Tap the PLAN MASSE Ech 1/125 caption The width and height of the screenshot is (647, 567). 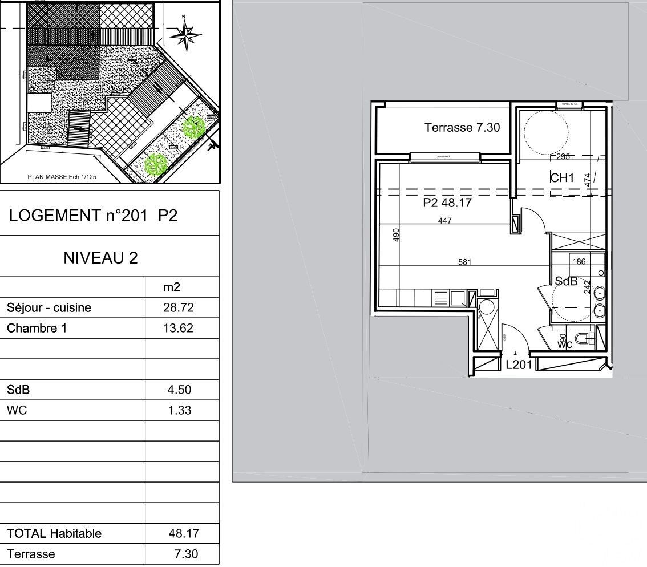click(62, 177)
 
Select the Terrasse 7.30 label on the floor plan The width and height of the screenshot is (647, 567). click(462, 128)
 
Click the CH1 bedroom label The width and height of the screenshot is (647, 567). click(562, 179)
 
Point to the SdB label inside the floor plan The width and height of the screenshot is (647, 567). click(566, 281)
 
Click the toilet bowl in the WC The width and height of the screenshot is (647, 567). click(581, 339)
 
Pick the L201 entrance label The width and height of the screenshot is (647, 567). click(519, 365)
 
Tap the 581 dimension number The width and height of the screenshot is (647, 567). click(465, 262)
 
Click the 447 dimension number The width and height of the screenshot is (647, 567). click(445, 221)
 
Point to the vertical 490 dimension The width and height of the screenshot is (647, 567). click(397, 234)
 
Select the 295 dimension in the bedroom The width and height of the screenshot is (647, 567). click(563, 157)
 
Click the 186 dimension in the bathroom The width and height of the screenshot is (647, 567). click(579, 262)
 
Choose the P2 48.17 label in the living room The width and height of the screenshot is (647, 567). click(447, 202)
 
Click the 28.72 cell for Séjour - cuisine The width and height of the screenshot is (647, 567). click(179, 308)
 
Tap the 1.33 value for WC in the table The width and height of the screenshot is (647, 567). click(179, 410)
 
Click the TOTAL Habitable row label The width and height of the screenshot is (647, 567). click(54, 534)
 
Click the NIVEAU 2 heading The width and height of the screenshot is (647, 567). click(100, 258)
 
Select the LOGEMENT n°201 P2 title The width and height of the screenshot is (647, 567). click(94, 216)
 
